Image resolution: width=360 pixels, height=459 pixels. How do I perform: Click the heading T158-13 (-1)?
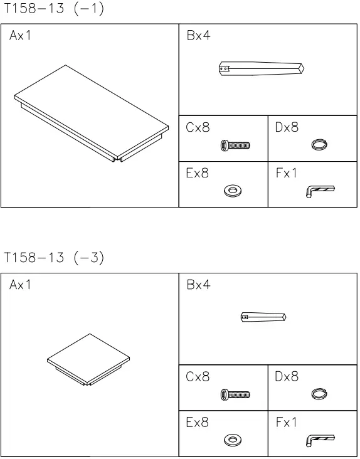(54, 9)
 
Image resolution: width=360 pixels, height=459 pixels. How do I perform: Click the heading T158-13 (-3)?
(54, 258)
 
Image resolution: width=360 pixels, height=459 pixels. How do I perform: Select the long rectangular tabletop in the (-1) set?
(92, 113)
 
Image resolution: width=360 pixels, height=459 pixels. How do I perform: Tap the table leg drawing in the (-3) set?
(263, 317)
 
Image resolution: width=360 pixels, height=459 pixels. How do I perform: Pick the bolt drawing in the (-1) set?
(235, 145)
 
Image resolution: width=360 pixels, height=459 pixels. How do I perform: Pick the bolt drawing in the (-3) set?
(235, 395)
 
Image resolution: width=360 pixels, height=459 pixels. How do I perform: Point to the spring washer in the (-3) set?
(319, 394)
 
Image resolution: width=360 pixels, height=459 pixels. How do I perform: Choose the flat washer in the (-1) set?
(233, 190)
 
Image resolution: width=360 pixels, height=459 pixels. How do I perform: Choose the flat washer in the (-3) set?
(233, 440)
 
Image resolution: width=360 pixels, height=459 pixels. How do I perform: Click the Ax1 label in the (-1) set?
(20, 36)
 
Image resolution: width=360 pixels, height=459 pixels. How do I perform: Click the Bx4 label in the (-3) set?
(198, 285)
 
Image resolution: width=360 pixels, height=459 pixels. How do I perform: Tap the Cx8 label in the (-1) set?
(198, 128)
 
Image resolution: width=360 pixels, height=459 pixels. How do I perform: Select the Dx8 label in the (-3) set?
(287, 377)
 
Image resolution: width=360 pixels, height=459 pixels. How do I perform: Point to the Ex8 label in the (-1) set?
(198, 173)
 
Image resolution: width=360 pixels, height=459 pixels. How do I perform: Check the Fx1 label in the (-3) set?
(287, 423)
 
